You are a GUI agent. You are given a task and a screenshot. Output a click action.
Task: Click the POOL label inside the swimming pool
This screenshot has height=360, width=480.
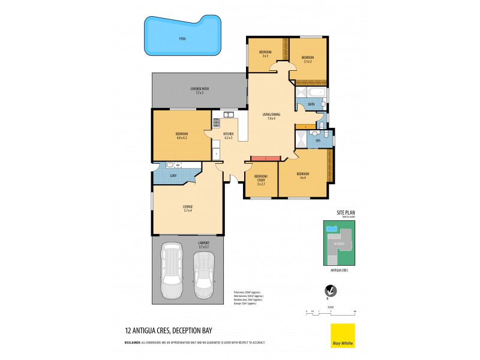(182, 38)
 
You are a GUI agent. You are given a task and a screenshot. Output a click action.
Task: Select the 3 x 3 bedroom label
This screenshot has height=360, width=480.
(265, 54)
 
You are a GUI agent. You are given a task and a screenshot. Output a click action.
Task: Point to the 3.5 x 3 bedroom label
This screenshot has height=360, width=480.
(308, 59)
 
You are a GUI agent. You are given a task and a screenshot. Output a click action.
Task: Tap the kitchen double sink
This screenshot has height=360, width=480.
(229, 115)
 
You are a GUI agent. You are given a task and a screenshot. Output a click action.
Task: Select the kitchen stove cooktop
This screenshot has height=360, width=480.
(216, 124)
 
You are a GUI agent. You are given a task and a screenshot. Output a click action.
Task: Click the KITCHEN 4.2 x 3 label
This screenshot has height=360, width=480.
(228, 136)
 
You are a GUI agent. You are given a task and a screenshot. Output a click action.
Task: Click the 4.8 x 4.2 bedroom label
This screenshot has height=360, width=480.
(182, 135)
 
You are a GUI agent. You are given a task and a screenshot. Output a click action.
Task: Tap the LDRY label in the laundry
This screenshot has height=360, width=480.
(173, 175)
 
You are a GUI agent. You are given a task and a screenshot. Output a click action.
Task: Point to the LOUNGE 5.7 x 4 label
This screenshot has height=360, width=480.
(187, 208)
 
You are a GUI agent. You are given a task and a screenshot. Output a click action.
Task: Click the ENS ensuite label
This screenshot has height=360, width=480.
(310, 142)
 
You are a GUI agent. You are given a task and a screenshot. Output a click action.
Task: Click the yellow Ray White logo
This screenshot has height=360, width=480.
(343, 336)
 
